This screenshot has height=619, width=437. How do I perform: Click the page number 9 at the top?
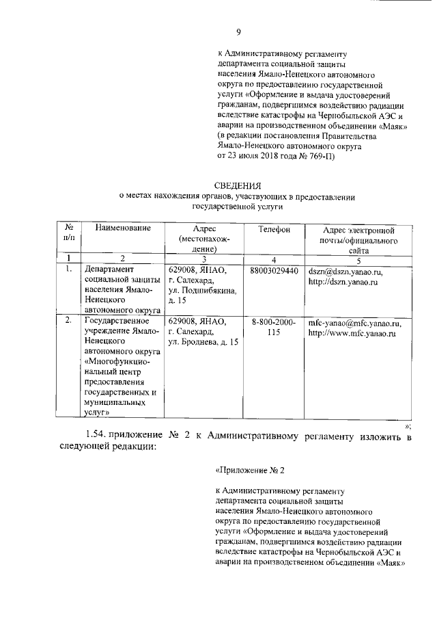[238, 31]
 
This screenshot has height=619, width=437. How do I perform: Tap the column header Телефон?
[274, 230]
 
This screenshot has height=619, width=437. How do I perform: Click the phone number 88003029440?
[274, 271]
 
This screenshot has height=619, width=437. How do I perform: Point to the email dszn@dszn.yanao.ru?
[346, 272]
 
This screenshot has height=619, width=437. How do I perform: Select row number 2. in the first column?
[68, 320]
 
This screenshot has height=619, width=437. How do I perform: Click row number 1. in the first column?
[68, 271]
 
